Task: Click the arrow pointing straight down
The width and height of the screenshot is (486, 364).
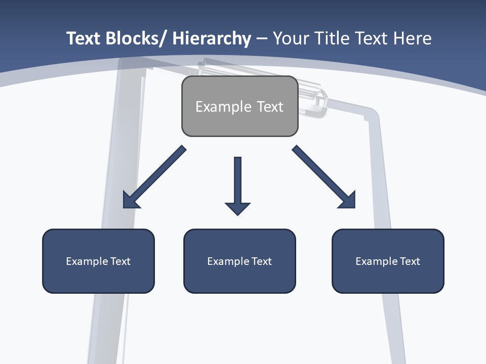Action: (237, 182)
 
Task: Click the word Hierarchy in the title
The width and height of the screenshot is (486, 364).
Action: (212, 38)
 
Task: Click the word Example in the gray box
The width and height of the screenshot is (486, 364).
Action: (223, 107)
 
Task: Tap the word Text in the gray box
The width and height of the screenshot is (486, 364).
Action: (270, 107)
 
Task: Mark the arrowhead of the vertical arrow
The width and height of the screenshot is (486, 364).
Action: (237, 208)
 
